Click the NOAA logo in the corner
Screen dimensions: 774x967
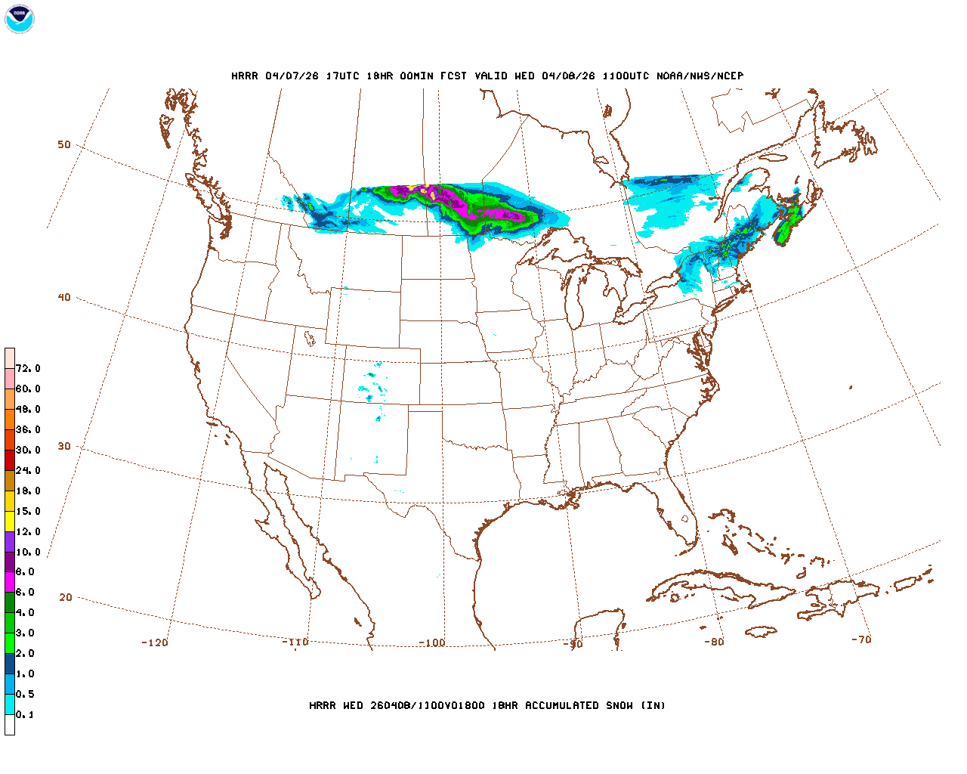tap(19, 19)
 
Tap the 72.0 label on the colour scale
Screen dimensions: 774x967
tap(28, 369)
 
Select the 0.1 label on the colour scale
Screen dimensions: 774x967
tap(25, 714)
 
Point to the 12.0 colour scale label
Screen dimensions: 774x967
tap(28, 531)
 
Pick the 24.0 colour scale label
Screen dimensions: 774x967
tap(28, 470)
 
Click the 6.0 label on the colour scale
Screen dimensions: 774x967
tap(25, 593)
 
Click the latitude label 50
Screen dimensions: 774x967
tap(64, 144)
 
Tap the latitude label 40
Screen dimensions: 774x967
tap(64, 297)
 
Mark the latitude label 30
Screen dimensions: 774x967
tap(64, 446)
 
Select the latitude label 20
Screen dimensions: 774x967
tap(66, 597)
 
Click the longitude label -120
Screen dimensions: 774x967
tap(155, 642)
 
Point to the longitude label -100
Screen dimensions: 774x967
tap(432, 642)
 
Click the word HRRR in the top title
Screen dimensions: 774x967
tap(245, 76)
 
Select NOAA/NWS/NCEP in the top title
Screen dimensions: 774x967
tap(700, 76)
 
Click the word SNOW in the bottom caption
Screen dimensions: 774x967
tap(619, 705)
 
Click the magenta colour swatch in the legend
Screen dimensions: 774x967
tap(10, 582)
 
